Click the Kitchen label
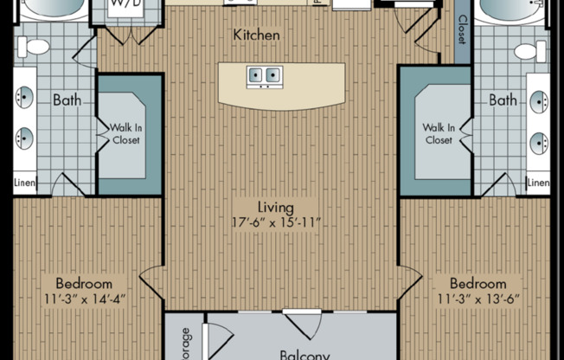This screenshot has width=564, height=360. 256,35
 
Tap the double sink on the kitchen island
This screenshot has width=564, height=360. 266,75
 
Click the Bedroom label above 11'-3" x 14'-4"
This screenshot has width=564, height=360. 84,284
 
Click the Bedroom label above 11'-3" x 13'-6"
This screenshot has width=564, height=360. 477,284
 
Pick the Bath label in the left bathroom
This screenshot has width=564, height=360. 67,100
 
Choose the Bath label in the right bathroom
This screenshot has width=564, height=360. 503,100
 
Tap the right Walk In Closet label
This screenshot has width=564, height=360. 438,134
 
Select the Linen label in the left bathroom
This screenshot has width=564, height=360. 25,183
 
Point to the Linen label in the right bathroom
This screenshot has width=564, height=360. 538,183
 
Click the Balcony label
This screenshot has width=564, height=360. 305,354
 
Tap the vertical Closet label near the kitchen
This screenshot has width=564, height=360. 463,30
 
